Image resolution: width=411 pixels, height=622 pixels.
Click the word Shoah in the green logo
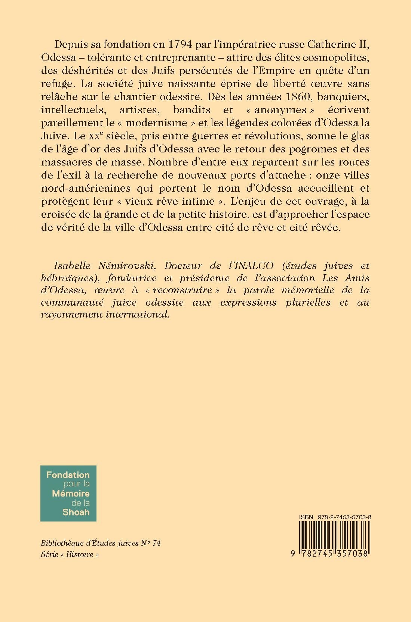[x=76, y=512]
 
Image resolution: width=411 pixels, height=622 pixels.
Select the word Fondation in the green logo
[x=68, y=475]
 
